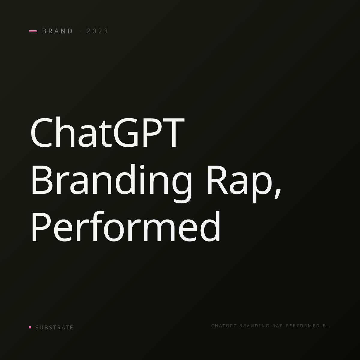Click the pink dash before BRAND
tap(33, 31)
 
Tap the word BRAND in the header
tap(57, 31)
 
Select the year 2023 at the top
tap(97, 31)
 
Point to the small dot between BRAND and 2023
tap(80, 31)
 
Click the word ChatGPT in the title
tap(107, 132)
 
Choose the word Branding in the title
tap(112, 183)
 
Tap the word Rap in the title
tap(240, 184)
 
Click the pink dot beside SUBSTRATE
tap(30, 327)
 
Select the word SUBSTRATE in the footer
tap(54, 328)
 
